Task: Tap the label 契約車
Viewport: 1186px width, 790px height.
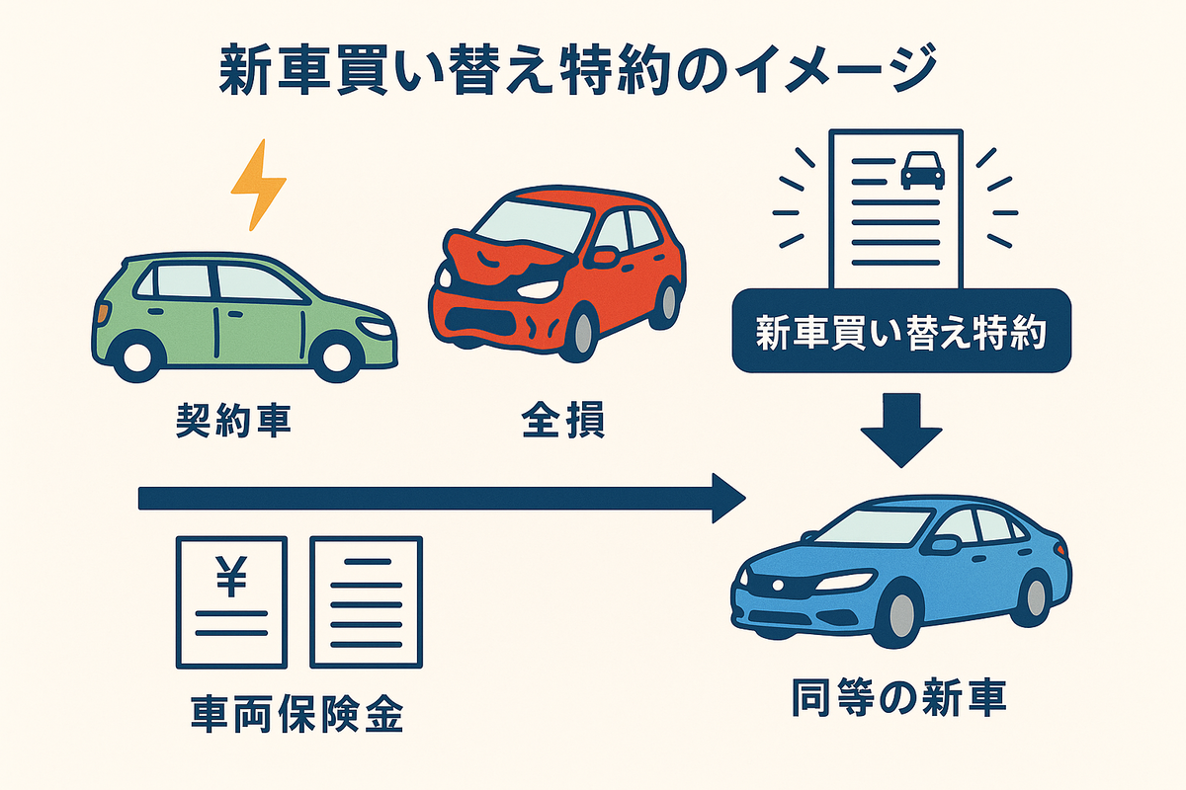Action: tap(233, 422)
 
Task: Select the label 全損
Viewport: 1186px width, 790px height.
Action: tap(563, 422)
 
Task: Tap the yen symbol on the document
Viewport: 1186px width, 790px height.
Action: tap(231, 577)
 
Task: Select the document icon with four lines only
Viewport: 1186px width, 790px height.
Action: tap(366, 601)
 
